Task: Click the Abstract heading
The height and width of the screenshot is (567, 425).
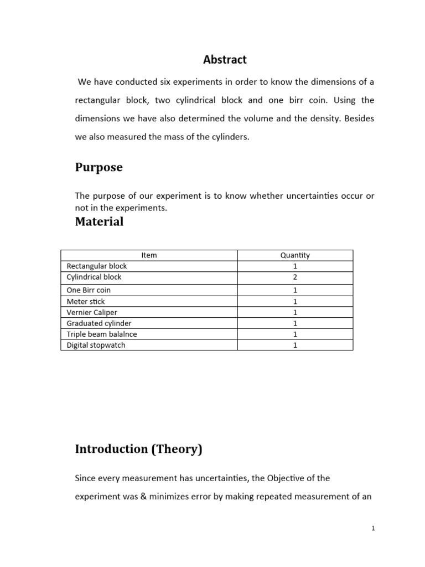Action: pyautogui.click(x=225, y=59)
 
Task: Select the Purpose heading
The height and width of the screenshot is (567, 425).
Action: pyautogui.click(x=99, y=167)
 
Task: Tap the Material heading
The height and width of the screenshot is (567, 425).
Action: pyautogui.click(x=99, y=221)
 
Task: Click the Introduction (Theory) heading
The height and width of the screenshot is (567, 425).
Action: pyautogui.click(x=138, y=449)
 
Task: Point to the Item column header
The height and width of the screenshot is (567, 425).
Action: pyautogui.click(x=149, y=255)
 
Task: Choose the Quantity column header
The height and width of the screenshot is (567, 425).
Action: pyautogui.click(x=295, y=255)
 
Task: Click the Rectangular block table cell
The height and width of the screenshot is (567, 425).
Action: pyautogui.click(x=97, y=266)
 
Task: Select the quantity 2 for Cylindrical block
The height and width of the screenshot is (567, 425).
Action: pyautogui.click(x=295, y=277)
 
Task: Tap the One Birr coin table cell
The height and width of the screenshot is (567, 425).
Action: pyautogui.click(x=89, y=290)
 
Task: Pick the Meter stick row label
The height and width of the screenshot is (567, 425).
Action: pyautogui.click(x=86, y=301)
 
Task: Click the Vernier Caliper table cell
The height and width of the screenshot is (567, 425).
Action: pyautogui.click(x=92, y=312)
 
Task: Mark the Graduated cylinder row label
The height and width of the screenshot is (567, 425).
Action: pyautogui.click(x=99, y=323)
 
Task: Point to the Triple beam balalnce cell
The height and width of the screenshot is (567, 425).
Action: pyautogui.click(x=102, y=334)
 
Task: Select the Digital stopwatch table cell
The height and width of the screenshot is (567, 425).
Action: pyautogui.click(x=96, y=345)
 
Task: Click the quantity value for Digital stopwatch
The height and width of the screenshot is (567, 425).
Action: pyautogui.click(x=295, y=345)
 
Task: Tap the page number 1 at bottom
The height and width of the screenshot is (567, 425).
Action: pyautogui.click(x=374, y=529)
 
